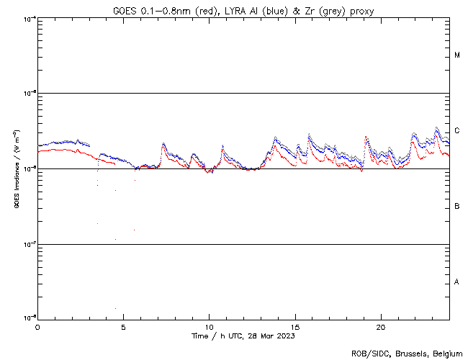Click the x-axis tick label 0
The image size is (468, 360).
click(x=37, y=326)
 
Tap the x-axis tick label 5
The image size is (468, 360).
click(x=123, y=326)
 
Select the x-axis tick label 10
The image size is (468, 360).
click(x=209, y=326)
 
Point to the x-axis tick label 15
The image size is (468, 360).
click(x=295, y=326)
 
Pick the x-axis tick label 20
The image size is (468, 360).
click(x=381, y=326)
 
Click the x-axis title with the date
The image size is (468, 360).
click(x=243, y=336)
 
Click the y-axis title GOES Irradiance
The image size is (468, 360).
click(x=16, y=169)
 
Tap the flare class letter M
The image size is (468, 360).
click(x=457, y=55)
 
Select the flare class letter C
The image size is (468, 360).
click(x=457, y=131)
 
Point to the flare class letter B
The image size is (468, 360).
click(x=457, y=207)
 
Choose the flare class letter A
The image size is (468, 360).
click(x=457, y=282)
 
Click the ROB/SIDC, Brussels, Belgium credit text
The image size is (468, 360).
click(x=407, y=353)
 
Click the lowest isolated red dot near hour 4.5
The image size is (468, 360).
click(x=115, y=309)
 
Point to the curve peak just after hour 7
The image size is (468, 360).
click(x=163, y=144)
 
